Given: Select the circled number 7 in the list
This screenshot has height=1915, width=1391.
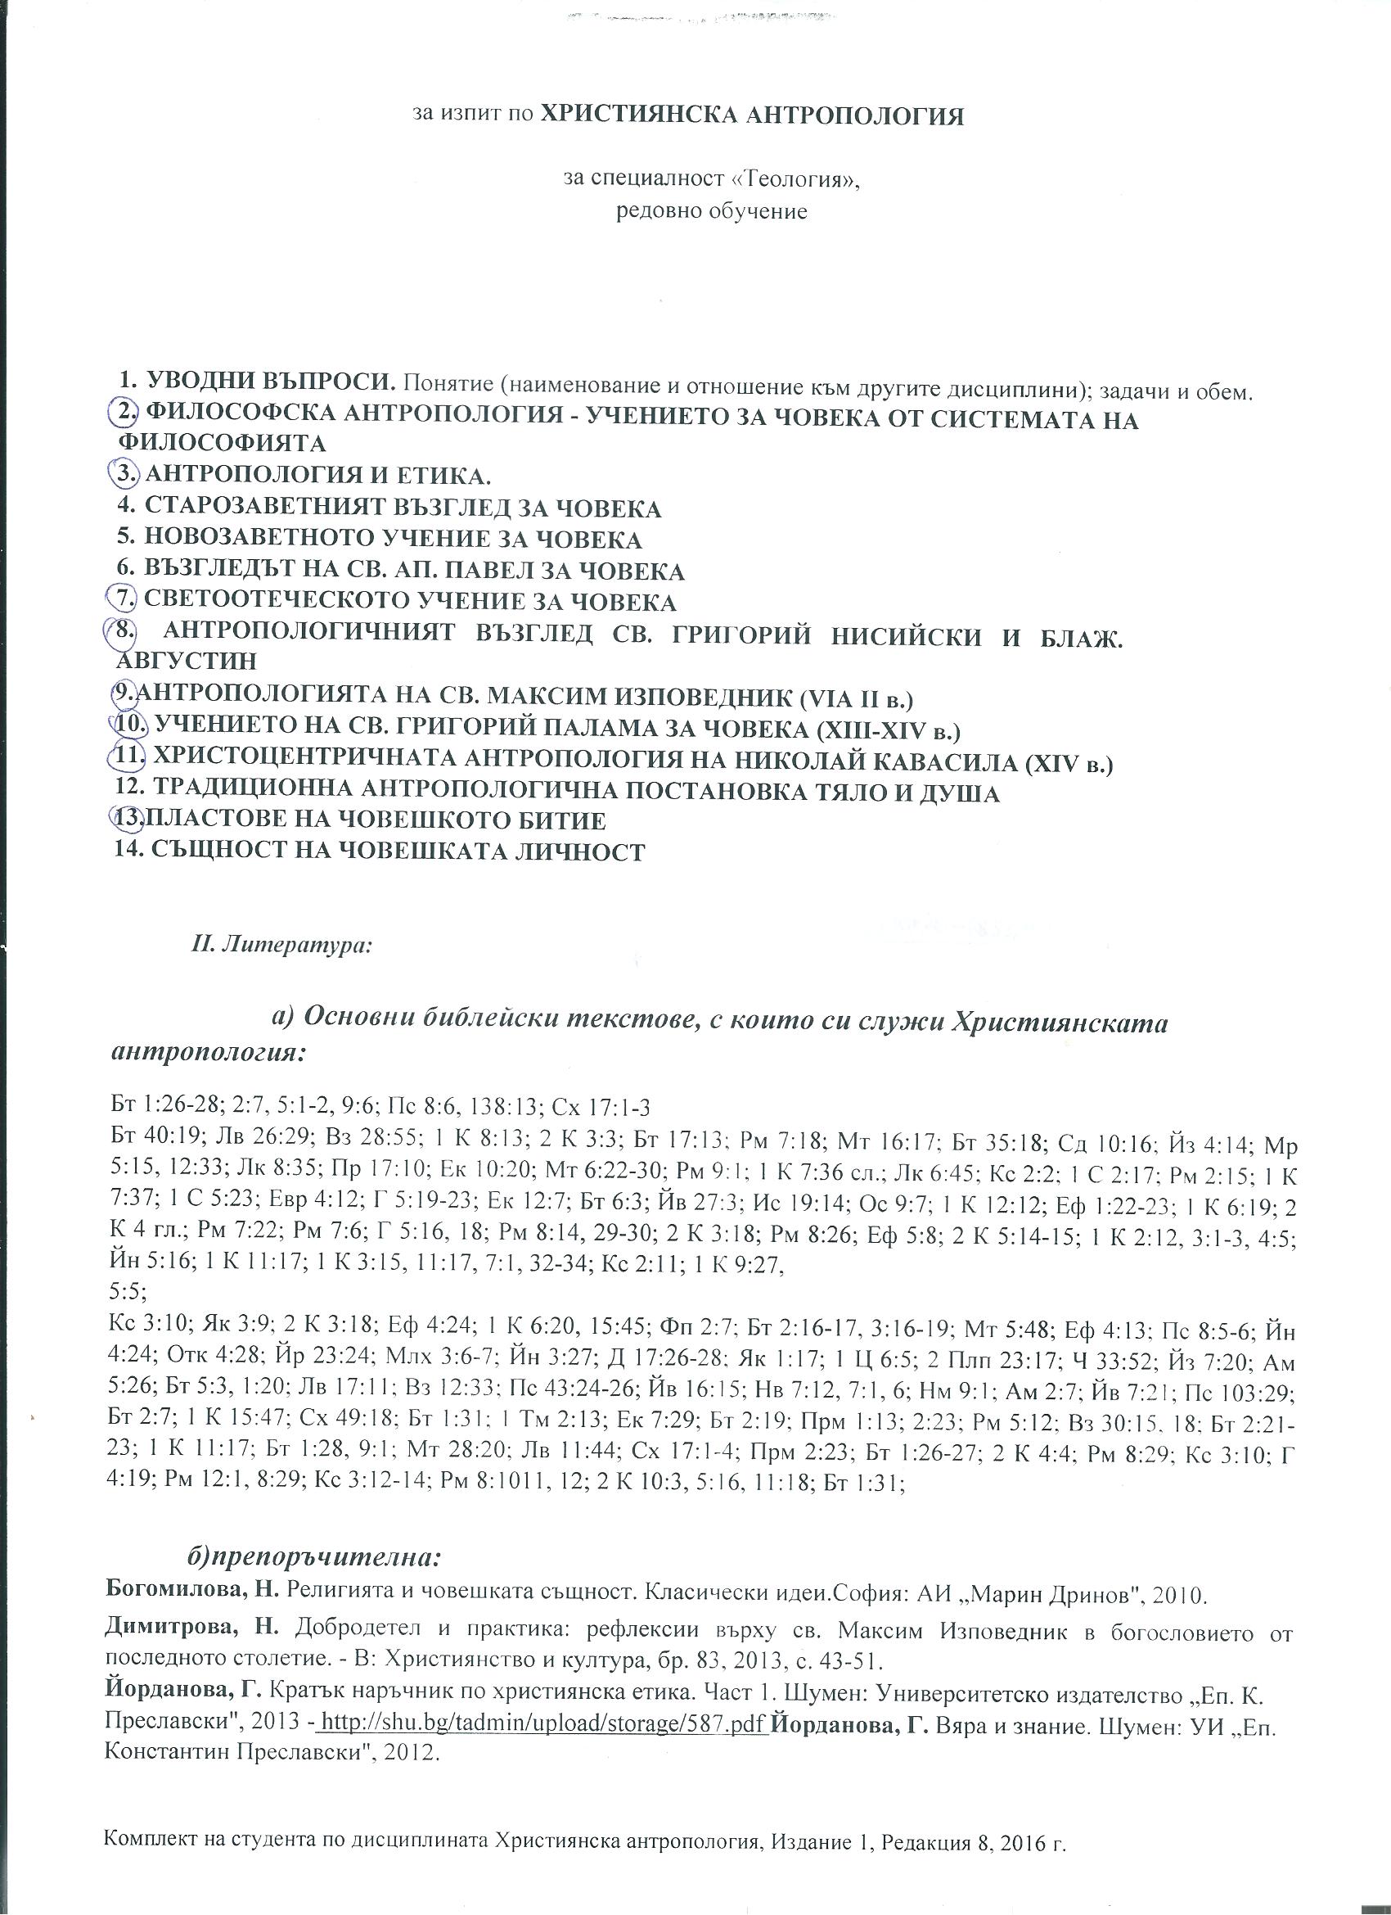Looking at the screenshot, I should (126, 600).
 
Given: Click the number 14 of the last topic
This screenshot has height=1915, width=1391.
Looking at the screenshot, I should (128, 851).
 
